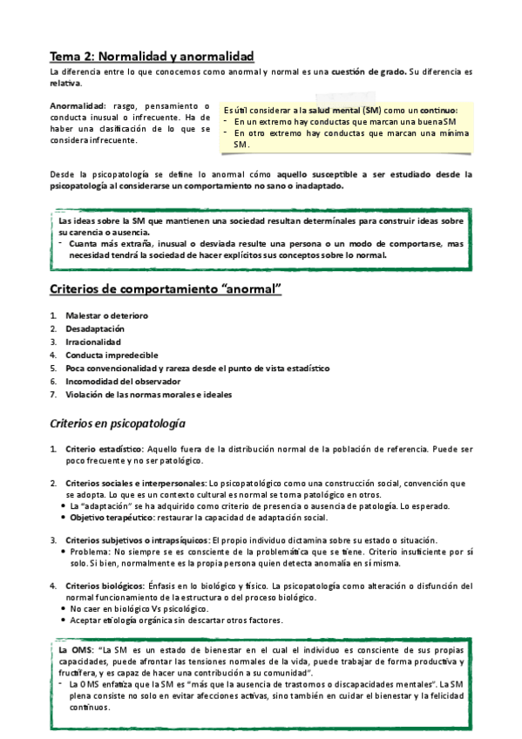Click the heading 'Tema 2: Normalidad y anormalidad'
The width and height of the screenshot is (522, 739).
coord(151,55)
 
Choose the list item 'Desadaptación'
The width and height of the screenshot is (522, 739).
coord(95,329)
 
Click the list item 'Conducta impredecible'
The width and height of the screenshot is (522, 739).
coord(112,355)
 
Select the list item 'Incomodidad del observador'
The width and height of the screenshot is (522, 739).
coord(123,381)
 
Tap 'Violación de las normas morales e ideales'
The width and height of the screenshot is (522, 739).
coord(148,394)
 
